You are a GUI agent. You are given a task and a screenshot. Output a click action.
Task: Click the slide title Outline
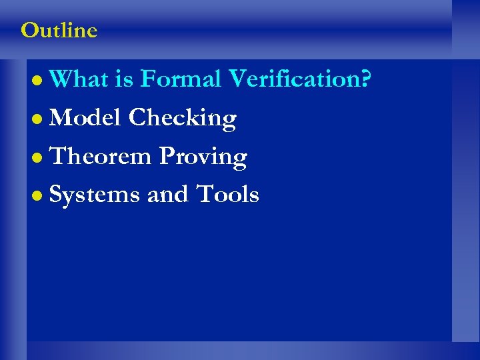click(x=59, y=30)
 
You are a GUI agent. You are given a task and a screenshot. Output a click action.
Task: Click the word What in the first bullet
click(x=79, y=79)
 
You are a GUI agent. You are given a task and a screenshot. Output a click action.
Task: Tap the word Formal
click(x=180, y=79)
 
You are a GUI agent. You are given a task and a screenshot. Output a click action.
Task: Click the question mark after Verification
click(x=366, y=79)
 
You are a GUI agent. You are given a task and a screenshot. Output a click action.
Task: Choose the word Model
click(x=85, y=118)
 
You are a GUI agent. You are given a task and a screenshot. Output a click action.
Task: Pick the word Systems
click(x=95, y=195)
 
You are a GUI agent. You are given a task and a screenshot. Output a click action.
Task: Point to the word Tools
click(x=227, y=195)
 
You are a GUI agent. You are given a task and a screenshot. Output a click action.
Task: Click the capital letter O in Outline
click(x=29, y=30)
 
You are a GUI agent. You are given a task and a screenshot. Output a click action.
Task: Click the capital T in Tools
click(x=203, y=195)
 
